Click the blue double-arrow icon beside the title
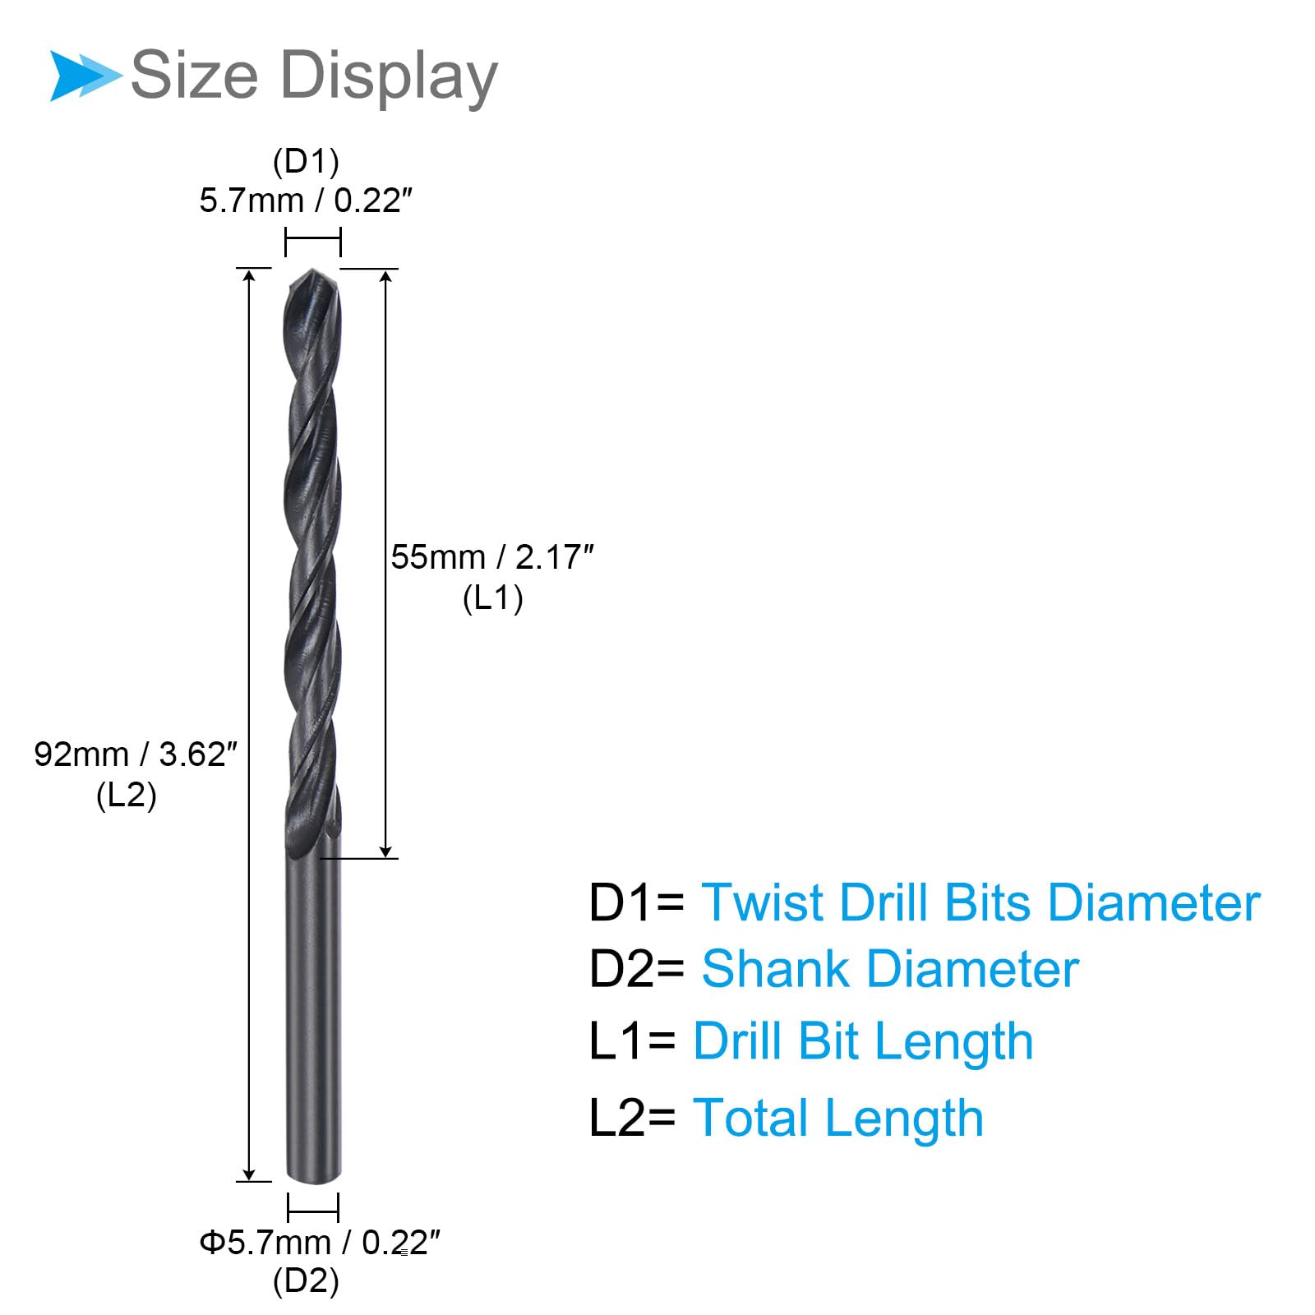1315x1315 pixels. pyautogui.click(x=85, y=76)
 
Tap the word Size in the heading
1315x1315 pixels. pyautogui.click(x=195, y=75)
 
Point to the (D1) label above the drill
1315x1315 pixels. pyautogui.click(x=306, y=161)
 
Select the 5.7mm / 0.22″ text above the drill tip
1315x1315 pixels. pyautogui.click(x=306, y=201)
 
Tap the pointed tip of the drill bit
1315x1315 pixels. pyautogui.click(x=312, y=270)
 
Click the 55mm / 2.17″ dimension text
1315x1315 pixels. pyautogui.click(x=491, y=557)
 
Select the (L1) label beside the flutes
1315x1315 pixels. pyautogui.click(x=492, y=598)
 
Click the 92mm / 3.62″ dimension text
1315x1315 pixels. pyautogui.click(x=136, y=754)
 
